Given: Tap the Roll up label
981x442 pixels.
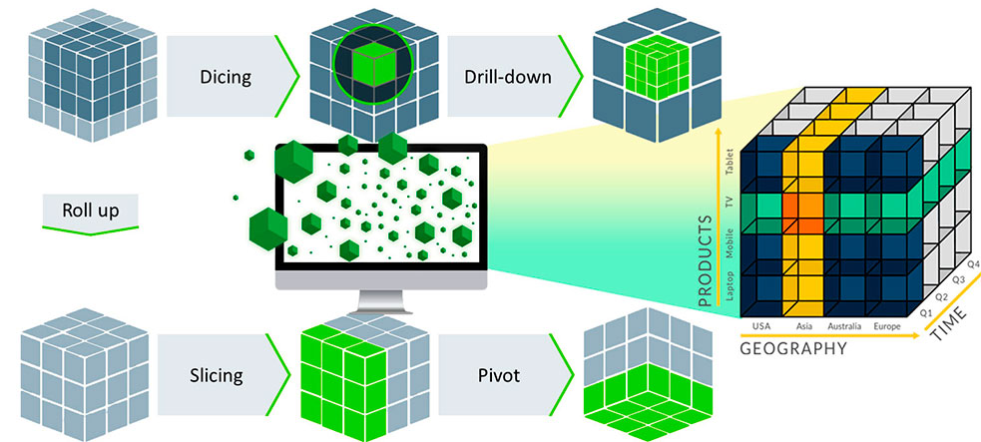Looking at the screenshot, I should click(90, 211).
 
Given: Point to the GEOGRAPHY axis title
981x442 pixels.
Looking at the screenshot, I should click(792, 349).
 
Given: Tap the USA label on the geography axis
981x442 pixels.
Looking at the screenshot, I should click(762, 326).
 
